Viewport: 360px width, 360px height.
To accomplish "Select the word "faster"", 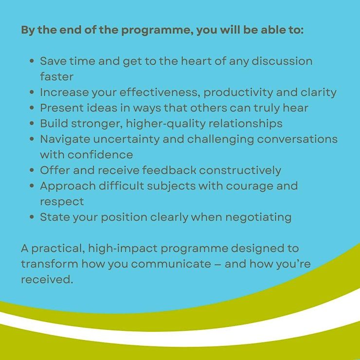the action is tap(57, 76).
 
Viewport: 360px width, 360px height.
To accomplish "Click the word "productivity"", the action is tap(238, 92).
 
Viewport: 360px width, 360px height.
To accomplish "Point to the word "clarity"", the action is tap(319, 92).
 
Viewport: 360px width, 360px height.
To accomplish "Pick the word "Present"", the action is tap(62, 108).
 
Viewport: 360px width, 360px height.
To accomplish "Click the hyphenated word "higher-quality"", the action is tap(166, 124).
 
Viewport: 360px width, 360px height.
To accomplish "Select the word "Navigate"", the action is tap(65, 139).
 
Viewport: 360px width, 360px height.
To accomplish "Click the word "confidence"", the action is tap(100, 155).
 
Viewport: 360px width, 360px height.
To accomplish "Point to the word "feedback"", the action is tap(169, 170).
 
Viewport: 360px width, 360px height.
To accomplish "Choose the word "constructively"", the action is tap(240, 171).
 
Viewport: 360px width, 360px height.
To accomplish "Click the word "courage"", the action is tap(250, 186).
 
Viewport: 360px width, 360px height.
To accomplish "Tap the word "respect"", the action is tap(62, 202).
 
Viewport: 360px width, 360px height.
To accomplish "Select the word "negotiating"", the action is tap(258, 217).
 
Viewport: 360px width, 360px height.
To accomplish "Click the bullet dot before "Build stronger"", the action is tap(32, 123).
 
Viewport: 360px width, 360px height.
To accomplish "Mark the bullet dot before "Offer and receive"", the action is tap(32, 170).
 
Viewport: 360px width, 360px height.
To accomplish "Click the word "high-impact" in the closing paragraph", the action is tap(123, 249).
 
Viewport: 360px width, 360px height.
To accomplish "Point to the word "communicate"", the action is tap(171, 264).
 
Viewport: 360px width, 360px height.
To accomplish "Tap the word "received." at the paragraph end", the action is tap(47, 280).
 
